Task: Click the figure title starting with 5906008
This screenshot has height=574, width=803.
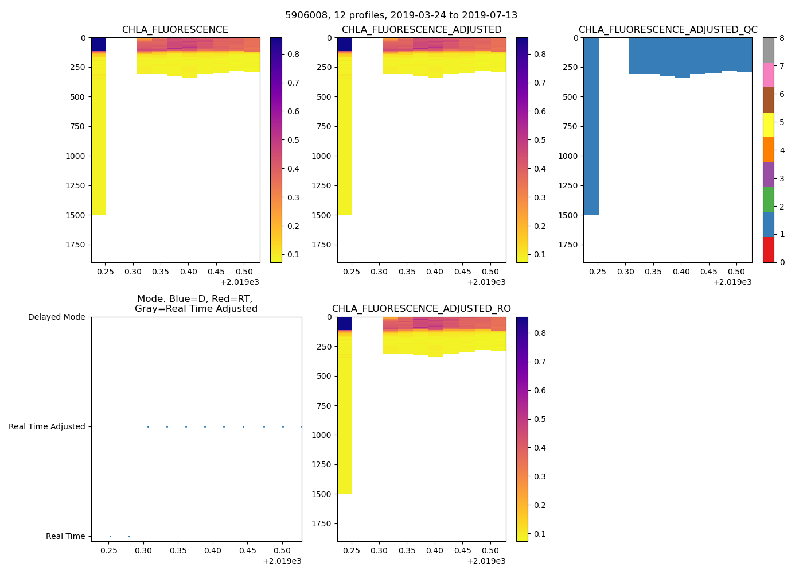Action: coord(401,15)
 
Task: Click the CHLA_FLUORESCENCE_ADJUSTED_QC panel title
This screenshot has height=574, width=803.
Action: coord(668,30)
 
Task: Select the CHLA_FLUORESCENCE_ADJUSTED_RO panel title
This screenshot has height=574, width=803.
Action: coord(421,309)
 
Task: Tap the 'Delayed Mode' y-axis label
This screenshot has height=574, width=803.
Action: coord(56,317)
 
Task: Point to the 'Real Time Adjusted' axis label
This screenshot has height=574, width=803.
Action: coord(47,426)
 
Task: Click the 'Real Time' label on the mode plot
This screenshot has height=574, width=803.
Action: coord(65,536)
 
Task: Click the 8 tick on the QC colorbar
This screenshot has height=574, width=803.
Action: coord(782,38)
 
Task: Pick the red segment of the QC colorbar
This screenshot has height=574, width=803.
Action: coord(768,250)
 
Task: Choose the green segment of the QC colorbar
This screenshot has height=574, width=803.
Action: coord(768,200)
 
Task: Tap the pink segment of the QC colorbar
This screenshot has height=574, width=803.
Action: coord(768,75)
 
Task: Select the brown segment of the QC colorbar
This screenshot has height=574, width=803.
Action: coord(768,100)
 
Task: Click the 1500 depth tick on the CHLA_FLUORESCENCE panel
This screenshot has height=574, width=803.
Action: coord(75,215)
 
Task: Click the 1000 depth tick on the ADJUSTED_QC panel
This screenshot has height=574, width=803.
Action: coord(567,156)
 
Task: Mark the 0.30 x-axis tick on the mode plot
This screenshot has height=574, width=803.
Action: coord(143,550)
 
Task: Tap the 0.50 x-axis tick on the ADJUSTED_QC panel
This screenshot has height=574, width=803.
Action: coord(736,272)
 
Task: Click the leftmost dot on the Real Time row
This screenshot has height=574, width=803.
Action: coord(110,536)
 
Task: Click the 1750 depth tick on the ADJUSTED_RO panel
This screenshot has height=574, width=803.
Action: coord(321,523)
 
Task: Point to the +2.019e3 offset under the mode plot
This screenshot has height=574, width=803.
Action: coord(282,561)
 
